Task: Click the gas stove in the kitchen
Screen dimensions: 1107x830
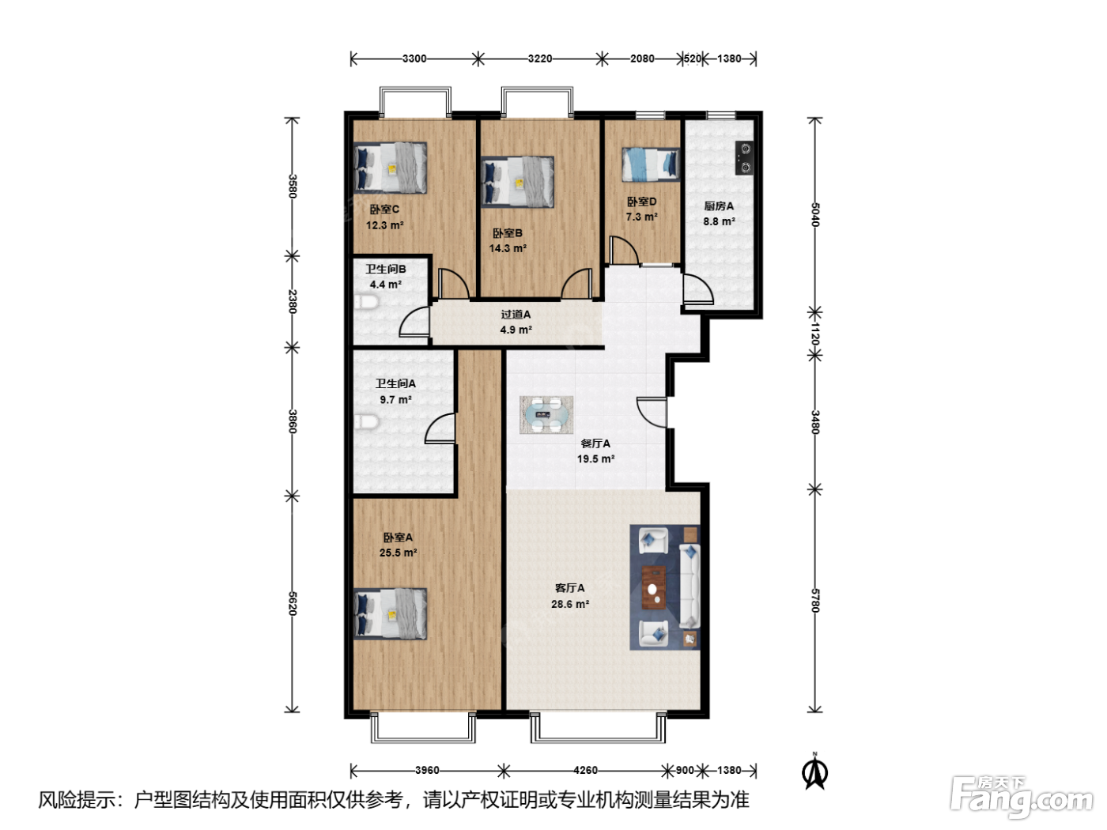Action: pos(744,158)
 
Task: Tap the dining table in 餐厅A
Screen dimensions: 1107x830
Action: pos(546,415)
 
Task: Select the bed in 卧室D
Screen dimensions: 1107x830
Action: pos(650,164)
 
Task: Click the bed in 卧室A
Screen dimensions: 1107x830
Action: pos(391,614)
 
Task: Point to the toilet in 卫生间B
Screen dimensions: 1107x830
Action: pos(367,303)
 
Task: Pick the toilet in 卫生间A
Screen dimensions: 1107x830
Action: pos(367,422)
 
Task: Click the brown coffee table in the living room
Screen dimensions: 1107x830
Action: pos(654,587)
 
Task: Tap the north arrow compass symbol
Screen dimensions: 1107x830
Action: pos(814,771)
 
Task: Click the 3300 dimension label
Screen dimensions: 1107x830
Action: pos(414,58)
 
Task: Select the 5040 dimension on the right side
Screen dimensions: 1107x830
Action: pos(815,215)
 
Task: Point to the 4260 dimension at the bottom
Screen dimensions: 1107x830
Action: pos(585,770)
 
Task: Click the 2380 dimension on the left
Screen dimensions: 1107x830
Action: pos(293,301)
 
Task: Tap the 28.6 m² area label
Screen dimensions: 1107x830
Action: pos(570,604)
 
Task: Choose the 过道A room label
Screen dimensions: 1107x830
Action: pos(516,315)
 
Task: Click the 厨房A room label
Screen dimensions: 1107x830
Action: pos(719,206)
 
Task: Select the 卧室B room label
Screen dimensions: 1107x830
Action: pos(508,233)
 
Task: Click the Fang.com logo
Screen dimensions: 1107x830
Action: pos(1021,796)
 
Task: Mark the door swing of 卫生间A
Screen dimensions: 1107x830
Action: pos(440,428)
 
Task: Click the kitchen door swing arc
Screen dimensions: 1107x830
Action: pos(698,289)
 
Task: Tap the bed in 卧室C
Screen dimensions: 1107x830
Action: pos(391,168)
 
